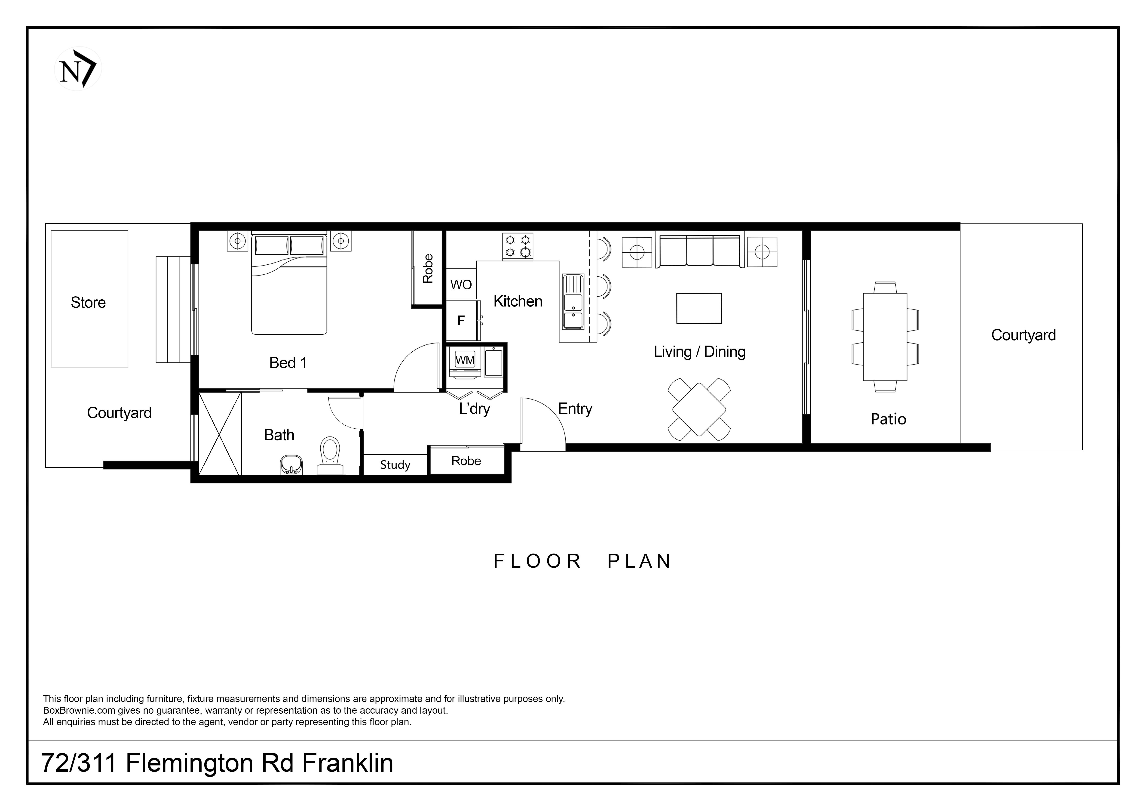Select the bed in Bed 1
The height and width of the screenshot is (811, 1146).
[x=289, y=283]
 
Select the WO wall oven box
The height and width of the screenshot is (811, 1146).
[x=461, y=285]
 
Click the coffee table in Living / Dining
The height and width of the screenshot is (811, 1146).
[x=699, y=308]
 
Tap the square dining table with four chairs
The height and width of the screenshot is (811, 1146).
[x=699, y=409]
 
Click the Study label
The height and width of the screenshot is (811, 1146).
[x=395, y=465]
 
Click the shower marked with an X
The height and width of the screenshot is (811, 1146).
[x=220, y=433]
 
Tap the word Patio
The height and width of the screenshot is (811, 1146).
[x=889, y=419]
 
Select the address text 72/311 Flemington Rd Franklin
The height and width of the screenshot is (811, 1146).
[x=217, y=763]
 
